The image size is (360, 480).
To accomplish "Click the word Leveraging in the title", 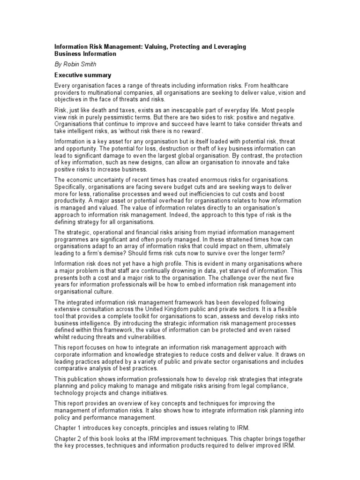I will click(x=228, y=47).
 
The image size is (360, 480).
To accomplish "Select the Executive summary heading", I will click(x=82, y=75).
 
